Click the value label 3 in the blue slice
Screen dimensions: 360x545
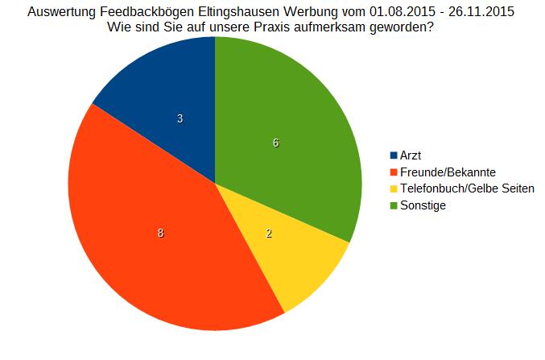click(x=180, y=118)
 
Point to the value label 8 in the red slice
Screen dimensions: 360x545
click(x=161, y=234)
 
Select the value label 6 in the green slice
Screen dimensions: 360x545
click(x=275, y=143)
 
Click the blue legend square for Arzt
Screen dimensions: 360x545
click(x=394, y=155)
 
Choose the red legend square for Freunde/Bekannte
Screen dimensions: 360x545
click(x=394, y=172)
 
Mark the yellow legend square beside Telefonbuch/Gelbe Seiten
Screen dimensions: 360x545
click(x=394, y=188)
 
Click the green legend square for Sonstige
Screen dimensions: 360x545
click(x=394, y=205)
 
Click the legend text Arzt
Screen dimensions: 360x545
click(x=411, y=155)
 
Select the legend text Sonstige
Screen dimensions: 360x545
click(x=423, y=205)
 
